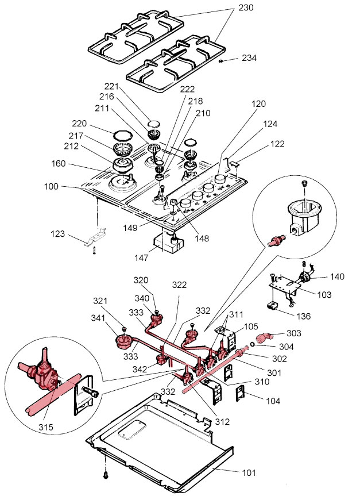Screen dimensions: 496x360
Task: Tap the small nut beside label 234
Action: point(220,60)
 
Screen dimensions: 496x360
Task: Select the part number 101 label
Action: point(248,472)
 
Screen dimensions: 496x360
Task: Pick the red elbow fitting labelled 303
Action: point(265,337)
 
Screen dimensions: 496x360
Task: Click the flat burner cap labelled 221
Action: point(153,123)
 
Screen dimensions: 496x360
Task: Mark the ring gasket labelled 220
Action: point(121,135)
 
